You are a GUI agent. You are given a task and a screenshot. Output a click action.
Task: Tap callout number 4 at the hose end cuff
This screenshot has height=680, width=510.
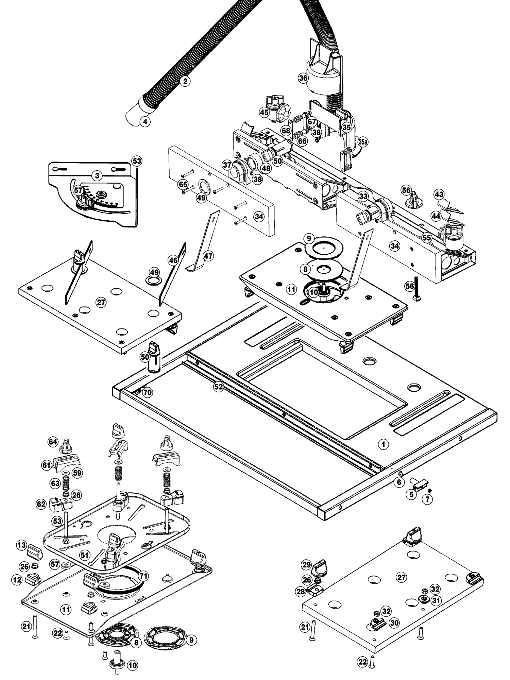tap(145, 121)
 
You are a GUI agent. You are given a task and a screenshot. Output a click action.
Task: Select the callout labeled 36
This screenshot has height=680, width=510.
tap(303, 78)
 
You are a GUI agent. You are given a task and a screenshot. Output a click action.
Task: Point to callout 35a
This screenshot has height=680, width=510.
tap(363, 142)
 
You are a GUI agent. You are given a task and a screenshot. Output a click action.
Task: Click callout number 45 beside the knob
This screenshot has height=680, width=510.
tap(264, 112)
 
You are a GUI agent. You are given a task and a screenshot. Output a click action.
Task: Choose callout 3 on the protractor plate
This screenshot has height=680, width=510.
tap(97, 176)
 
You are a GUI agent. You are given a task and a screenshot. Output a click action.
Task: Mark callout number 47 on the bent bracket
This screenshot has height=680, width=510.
tap(208, 256)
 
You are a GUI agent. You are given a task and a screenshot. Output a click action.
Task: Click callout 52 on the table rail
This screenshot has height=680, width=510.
tap(218, 387)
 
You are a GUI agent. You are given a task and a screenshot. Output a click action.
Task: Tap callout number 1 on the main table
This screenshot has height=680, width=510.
tap(384, 444)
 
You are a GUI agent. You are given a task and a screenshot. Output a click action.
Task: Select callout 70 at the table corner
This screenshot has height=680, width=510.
tap(147, 392)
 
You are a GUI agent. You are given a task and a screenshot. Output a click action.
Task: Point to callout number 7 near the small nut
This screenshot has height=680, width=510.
tap(427, 499)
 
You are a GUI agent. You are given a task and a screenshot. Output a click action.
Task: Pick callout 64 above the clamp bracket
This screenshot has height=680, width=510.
tap(53, 442)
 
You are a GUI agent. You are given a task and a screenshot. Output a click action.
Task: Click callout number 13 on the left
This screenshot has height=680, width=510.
tap(21, 545)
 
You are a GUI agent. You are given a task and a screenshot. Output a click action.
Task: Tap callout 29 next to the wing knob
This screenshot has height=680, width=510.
tap(307, 565)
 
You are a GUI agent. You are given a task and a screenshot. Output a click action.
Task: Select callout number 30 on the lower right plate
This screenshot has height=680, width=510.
tap(394, 623)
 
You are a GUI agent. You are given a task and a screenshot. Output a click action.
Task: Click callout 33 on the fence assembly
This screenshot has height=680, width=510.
tap(363, 196)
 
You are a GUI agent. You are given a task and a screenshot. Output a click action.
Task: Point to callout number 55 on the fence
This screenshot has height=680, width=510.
tap(427, 238)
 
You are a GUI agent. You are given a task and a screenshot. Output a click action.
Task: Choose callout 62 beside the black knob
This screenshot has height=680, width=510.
tap(41, 504)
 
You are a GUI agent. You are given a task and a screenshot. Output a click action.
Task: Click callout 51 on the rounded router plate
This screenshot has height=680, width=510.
tap(84, 555)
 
